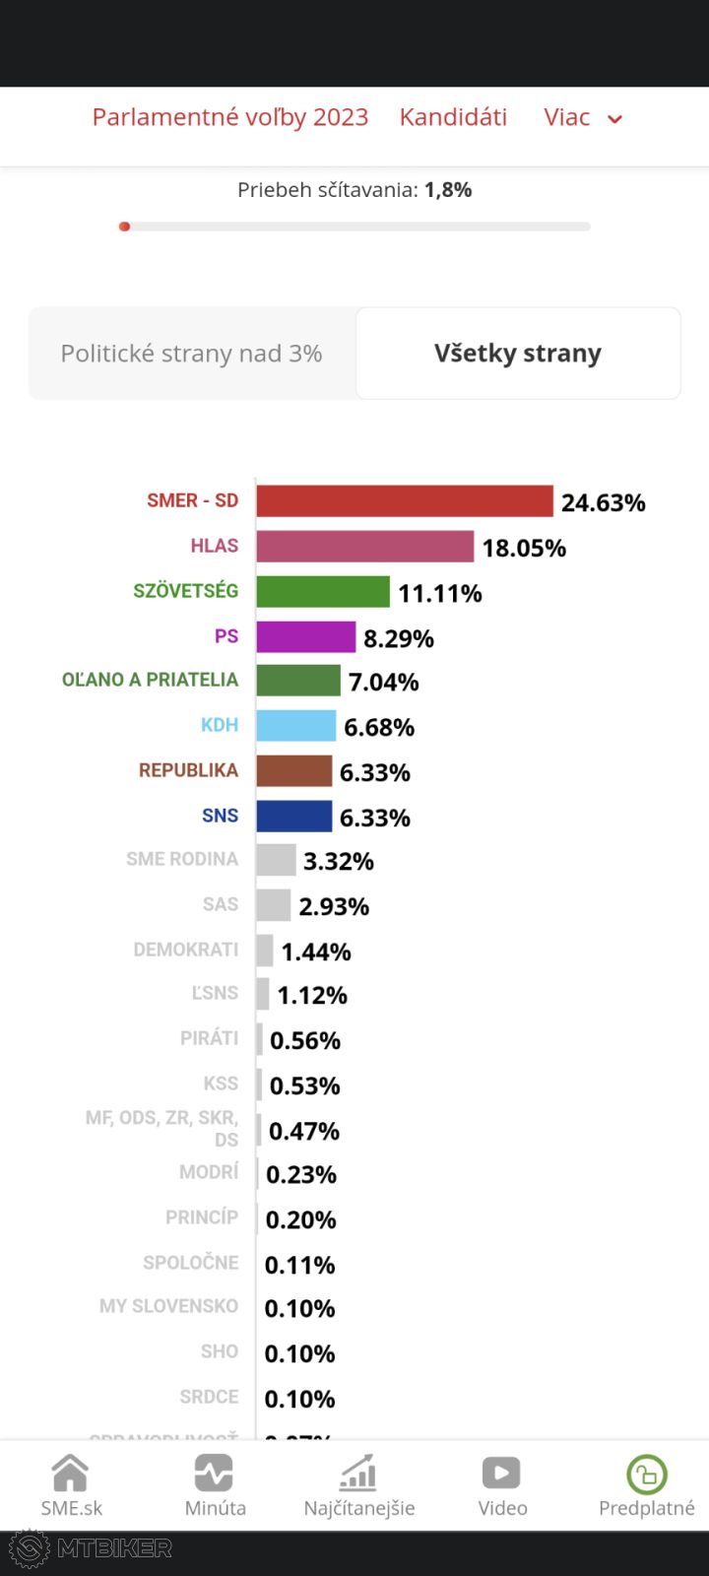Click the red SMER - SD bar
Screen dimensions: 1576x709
click(x=405, y=501)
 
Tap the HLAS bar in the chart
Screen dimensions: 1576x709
click(x=364, y=547)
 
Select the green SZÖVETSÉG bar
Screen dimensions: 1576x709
click(x=323, y=592)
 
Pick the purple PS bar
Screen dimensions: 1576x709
click(x=305, y=637)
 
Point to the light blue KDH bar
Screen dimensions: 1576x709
click(x=295, y=726)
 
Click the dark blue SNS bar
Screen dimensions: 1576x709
click(x=293, y=817)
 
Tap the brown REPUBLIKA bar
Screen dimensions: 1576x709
click(x=293, y=771)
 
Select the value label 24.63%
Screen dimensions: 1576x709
click(x=603, y=503)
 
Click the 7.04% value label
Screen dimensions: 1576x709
click(x=383, y=683)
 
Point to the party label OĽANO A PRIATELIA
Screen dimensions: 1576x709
click(x=150, y=681)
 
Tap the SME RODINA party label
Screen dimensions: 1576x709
click(x=182, y=860)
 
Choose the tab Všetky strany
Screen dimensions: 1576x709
click(x=518, y=354)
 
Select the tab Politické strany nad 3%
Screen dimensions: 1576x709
click(x=191, y=354)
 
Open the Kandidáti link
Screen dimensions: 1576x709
click(x=453, y=117)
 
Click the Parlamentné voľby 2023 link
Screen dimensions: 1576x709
click(x=229, y=117)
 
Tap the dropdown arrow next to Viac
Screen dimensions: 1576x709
click(x=615, y=119)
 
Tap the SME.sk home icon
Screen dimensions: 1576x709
click(x=71, y=1474)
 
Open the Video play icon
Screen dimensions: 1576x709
click(x=502, y=1474)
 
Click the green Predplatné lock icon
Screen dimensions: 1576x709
click(x=647, y=1475)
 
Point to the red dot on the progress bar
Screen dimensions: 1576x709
click(x=124, y=227)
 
